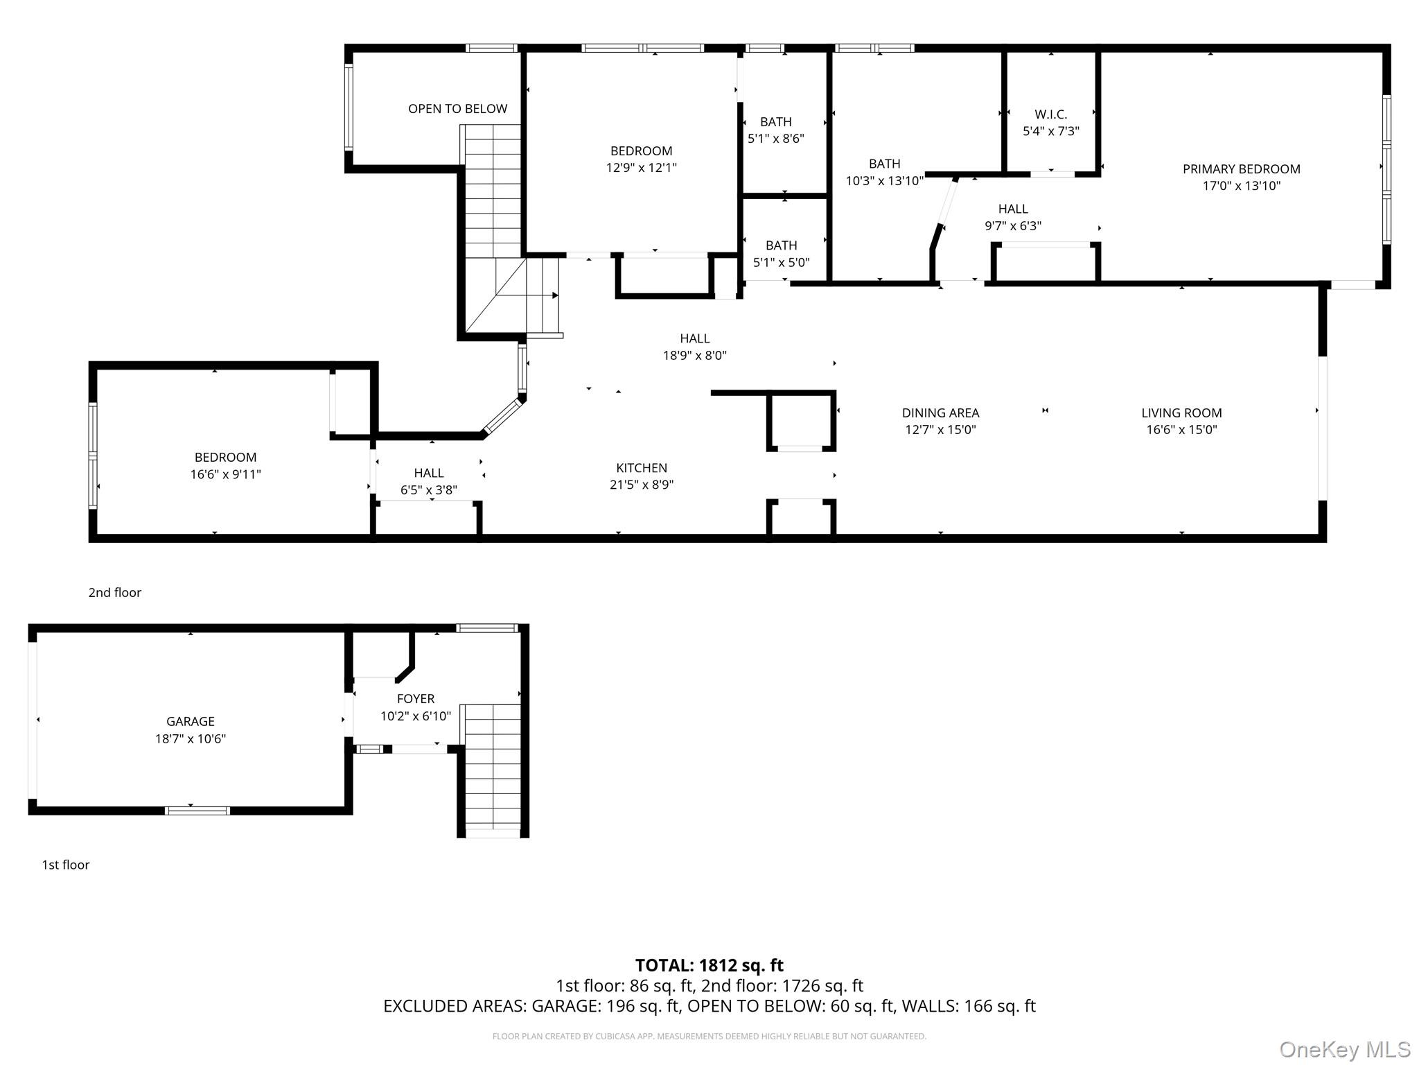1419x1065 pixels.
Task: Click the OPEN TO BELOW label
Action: pos(457,109)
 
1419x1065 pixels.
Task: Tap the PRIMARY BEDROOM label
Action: pos(1241,169)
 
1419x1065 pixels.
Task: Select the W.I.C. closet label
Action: pos(1050,114)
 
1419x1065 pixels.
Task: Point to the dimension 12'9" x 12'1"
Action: pos(641,168)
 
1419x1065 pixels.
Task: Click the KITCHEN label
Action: pos(642,468)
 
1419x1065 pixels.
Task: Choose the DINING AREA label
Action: pos(940,413)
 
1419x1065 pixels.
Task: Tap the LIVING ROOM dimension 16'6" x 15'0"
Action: pos(1181,430)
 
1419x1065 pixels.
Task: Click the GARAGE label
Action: pos(190,722)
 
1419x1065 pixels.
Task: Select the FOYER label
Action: pos(416,699)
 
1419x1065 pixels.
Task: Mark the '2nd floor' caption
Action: pos(114,593)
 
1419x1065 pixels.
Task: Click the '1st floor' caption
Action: pos(66,865)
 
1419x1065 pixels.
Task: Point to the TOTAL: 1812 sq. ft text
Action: pos(709,965)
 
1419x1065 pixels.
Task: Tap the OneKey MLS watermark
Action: pos(1345,1049)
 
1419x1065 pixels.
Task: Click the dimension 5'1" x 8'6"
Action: pos(775,139)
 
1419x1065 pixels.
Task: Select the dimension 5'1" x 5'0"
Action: pos(781,263)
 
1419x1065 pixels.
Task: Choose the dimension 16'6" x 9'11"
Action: pos(225,475)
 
